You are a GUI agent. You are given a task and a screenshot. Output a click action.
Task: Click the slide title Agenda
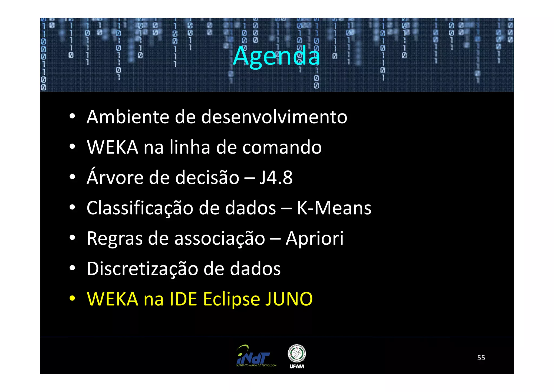[x=276, y=56]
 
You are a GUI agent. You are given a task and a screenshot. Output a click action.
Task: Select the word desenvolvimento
[x=274, y=117]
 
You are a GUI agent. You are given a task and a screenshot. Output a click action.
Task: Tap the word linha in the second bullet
[x=190, y=147]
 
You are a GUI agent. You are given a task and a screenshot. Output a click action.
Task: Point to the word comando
[x=282, y=147]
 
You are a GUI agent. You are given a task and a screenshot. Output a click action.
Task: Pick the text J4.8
[x=276, y=178]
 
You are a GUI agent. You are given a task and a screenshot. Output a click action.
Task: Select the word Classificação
[x=140, y=208]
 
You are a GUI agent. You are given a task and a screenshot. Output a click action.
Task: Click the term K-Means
[x=334, y=208]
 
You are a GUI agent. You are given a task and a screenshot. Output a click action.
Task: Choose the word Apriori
[x=315, y=238]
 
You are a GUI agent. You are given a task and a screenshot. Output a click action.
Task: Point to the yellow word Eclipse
[x=231, y=299]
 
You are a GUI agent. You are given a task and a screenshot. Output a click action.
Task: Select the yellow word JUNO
[x=289, y=299]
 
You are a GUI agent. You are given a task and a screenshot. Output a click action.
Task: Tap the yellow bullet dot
[x=72, y=298]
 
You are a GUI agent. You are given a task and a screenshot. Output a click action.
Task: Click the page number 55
[x=481, y=358]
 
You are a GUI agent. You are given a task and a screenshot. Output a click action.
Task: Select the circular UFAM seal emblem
[x=297, y=353]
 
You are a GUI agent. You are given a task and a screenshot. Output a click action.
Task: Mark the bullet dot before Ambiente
[x=72, y=116]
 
